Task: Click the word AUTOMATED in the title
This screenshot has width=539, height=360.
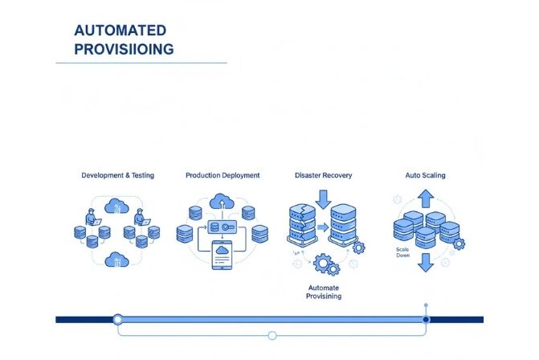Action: coord(120,31)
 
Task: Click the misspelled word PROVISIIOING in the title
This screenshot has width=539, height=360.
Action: coord(124,50)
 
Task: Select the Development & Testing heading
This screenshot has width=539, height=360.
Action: coord(117,175)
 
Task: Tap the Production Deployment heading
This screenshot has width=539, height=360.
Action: coord(223,175)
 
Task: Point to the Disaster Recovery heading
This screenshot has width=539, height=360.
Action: coord(323,175)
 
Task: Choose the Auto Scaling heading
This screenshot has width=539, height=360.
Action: coord(425,175)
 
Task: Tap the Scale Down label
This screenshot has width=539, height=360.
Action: coord(403,253)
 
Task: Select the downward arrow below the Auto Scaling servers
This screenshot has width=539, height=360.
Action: coord(425,262)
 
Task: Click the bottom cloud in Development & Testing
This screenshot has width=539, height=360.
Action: coord(117,259)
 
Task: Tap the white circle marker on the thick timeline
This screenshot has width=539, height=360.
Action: coord(118,319)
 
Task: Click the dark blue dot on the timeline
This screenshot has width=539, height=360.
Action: coord(426,319)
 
